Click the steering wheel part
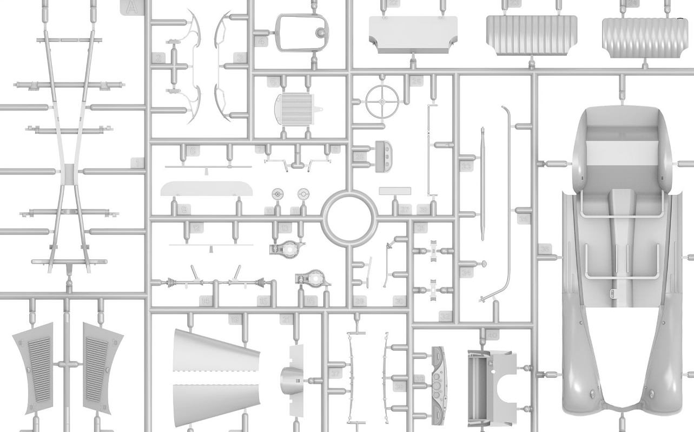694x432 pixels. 382,100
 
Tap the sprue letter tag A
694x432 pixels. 130,7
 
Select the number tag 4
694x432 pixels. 262,42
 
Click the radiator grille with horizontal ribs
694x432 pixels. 294,108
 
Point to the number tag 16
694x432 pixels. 310,301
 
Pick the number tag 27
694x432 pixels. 405,209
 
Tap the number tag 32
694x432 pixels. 445,316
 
